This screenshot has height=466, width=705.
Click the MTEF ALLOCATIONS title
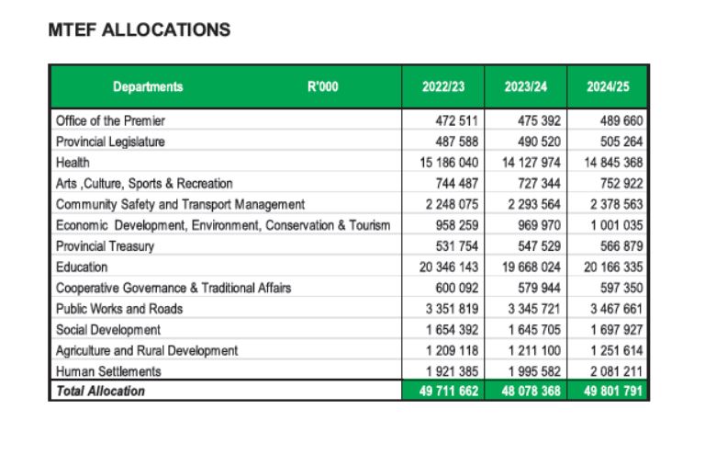[x=140, y=30]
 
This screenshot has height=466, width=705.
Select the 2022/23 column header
[x=442, y=86]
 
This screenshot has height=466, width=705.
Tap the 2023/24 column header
[x=526, y=86]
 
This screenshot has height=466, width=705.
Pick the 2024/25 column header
[x=608, y=86]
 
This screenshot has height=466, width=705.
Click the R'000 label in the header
[x=323, y=86]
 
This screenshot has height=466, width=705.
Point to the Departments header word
[x=148, y=86]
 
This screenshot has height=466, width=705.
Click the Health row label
[x=73, y=163]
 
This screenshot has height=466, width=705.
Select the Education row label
[x=82, y=267]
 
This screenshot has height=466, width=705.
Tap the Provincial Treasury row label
[x=105, y=246]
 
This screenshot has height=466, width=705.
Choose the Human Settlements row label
[x=108, y=371]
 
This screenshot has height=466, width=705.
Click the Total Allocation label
[x=100, y=391]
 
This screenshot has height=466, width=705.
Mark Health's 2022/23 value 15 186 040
[x=449, y=163]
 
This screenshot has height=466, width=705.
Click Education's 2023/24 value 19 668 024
[x=531, y=267]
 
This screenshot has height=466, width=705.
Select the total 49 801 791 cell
[x=613, y=391]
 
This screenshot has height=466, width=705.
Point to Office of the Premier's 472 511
[x=456, y=120]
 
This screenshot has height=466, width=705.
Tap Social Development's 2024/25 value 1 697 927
[x=617, y=330]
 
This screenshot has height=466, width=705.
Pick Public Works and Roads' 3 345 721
[x=534, y=309]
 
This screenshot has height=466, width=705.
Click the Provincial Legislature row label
[x=110, y=142]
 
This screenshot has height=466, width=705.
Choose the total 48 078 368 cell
[x=531, y=391]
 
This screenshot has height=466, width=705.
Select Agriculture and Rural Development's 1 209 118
[x=452, y=351]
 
